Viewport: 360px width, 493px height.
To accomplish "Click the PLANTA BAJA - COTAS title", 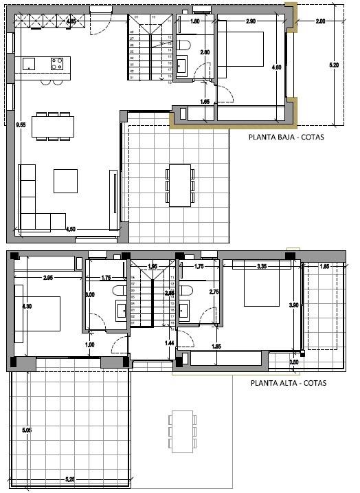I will (x=286, y=137).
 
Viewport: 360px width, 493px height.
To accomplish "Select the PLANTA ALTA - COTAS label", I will (x=288, y=384).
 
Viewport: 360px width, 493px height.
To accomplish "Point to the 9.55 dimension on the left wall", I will (x=21, y=124).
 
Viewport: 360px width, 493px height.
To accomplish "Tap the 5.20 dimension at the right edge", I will (x=335, y=65).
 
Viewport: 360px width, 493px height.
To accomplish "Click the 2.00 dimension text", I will (x=320, y=21).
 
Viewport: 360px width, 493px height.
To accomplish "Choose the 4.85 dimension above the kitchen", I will (x=71, y=21).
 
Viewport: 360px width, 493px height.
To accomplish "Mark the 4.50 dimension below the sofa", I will (x=70, y=229).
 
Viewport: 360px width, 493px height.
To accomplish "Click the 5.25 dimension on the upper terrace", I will (x=70, y=479).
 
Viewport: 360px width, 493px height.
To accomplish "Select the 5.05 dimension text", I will (x=27, y=430).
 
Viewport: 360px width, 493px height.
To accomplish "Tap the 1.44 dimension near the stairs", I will (x=170, y=342).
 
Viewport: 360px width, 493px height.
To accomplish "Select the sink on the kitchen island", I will (x=29, y=63).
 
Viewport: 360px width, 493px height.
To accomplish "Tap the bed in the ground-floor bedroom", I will (x=241, y=43).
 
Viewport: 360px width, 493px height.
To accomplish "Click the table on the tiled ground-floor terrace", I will (x=180, y=184).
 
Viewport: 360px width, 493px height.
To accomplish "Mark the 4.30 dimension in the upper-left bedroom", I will (x=27, y=307).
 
